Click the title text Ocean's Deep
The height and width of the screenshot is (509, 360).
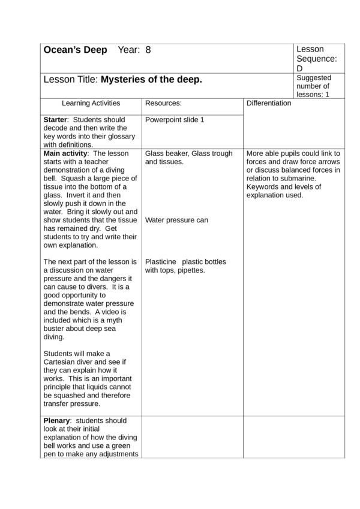click(x=75, y=50)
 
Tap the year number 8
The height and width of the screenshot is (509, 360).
click(x=148, y=50)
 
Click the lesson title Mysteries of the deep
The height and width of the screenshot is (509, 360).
click(x=151, y=79)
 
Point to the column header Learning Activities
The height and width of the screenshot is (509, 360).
click(x=91, y=103)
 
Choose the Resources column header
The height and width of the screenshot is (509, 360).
click(x=163, y=103)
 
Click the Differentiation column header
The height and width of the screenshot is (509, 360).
click(x=269, y=103)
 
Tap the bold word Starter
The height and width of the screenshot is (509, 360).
click(x=56, y=120)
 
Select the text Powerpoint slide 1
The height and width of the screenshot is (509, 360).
click(x=175, y=120)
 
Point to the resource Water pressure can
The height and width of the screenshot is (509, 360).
click(x=176, y=220)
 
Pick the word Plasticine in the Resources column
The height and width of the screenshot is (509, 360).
click(x=161, y=262)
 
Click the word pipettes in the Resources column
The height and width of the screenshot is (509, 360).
click(x=190, y=270)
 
